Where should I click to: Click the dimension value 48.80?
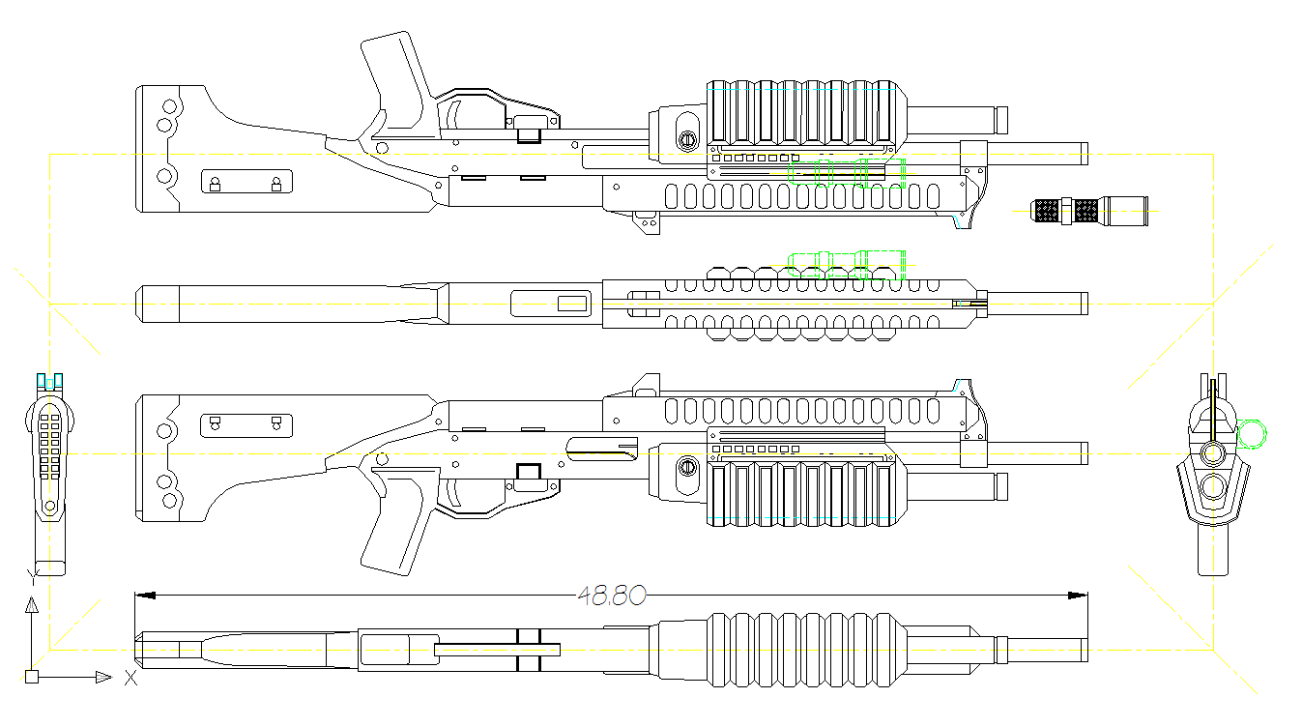[611, 596]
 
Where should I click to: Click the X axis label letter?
[130, 678]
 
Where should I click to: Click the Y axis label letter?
[32, 579]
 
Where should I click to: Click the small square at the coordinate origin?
[32, 677]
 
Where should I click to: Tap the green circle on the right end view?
[1252, 434]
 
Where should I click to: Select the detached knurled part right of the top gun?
[1090, 210]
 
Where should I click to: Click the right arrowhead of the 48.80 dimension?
[1077, 596]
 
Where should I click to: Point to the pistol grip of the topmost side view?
[396, 73]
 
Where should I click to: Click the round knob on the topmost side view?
[686, 140]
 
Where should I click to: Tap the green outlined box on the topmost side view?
[849, 172]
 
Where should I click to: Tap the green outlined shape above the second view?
[848, 262]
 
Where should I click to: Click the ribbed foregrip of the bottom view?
[807, 650]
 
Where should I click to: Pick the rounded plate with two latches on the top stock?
[246, 182]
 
